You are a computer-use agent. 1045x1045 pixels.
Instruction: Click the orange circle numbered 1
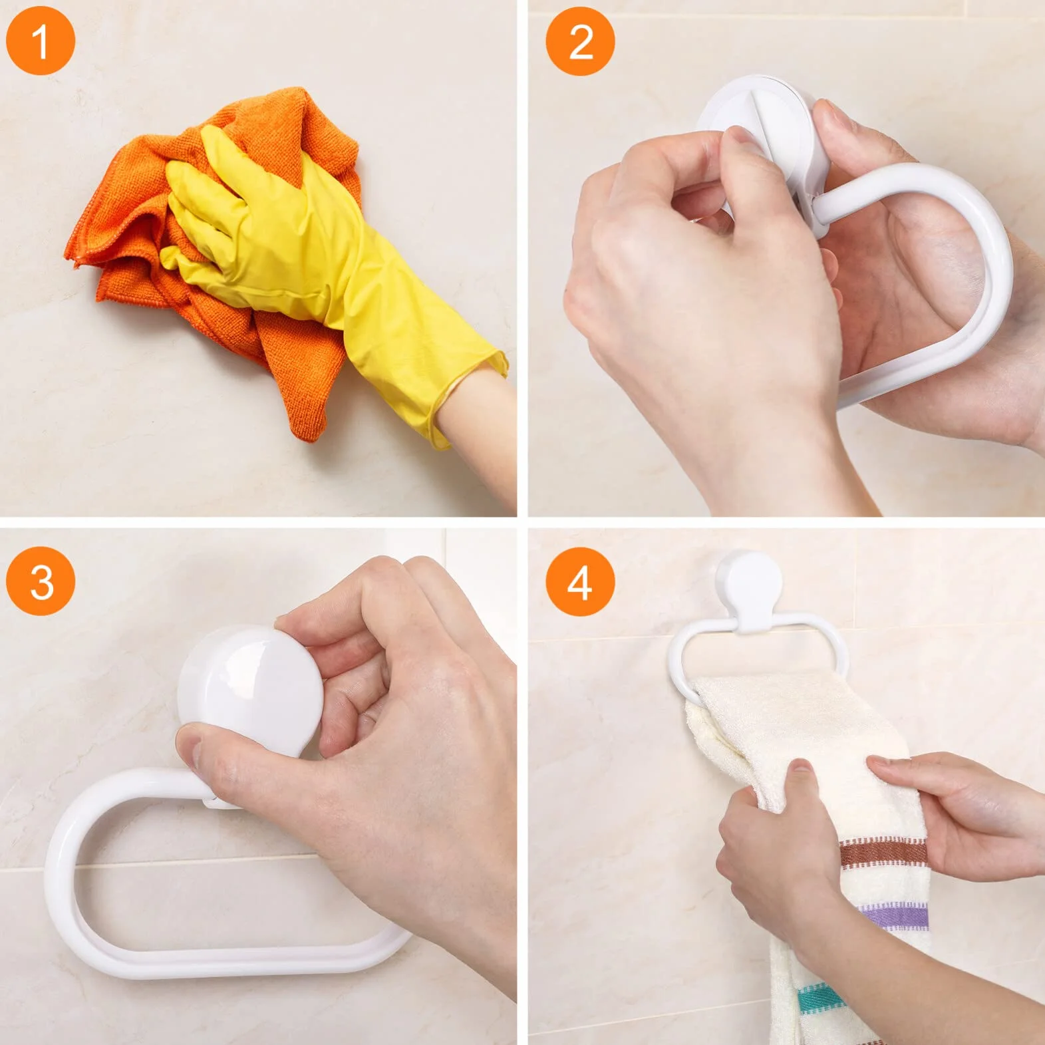point(40,40)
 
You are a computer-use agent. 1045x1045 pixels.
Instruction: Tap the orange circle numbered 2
point(580,41)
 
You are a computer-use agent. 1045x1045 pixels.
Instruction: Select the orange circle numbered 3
point(40,581)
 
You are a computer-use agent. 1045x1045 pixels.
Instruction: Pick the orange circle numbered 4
point(580,581)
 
